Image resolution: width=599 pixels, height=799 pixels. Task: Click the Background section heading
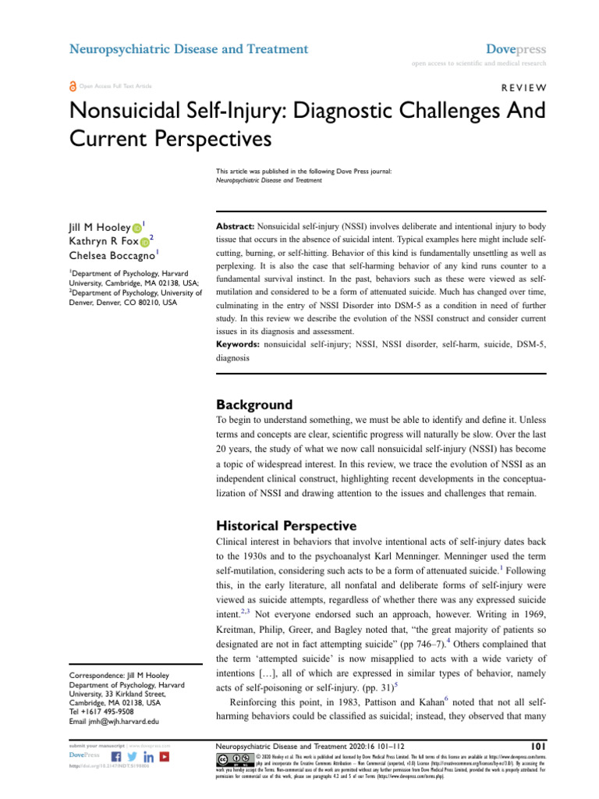click(253, 405)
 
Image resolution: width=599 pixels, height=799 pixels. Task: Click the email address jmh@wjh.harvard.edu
click(105, 721)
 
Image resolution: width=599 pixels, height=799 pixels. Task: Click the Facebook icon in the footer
click(116, 756)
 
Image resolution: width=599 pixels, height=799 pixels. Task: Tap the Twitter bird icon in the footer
click(133, 756)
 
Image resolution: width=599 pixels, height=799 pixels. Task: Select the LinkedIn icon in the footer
click(149, 756)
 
